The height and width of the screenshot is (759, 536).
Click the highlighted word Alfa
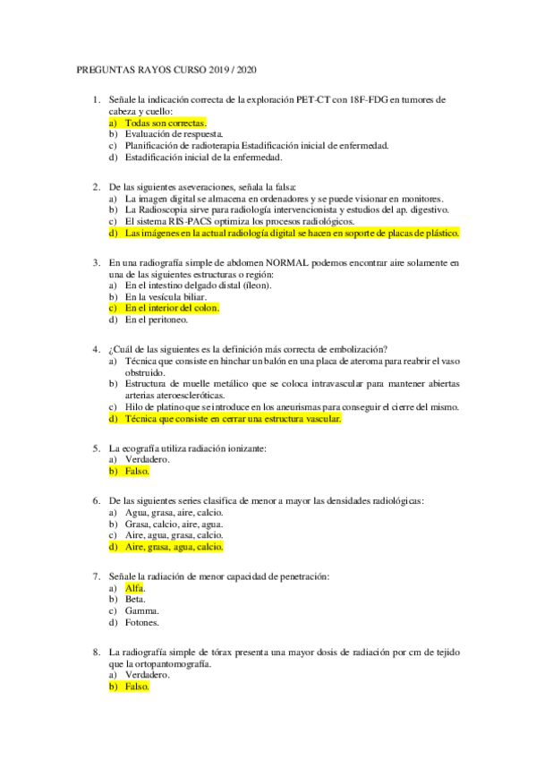tap(134, 588)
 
